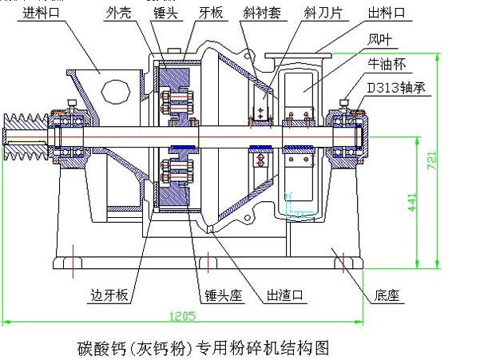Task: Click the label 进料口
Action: pos(42,12)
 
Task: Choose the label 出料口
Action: pos(387,12)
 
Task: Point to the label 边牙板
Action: pos(104,295)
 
